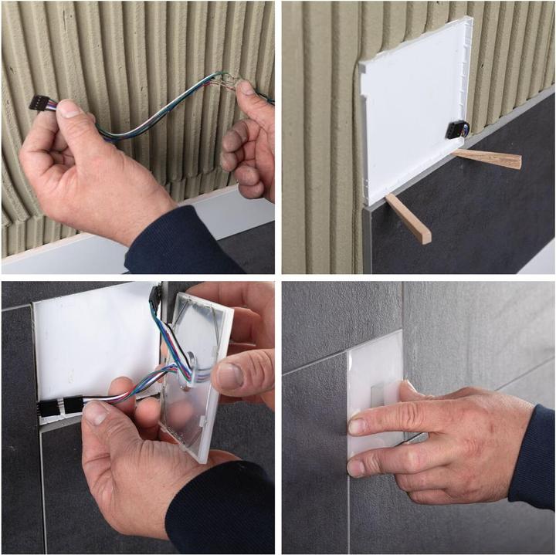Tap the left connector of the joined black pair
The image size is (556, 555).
pyautogui.click(x=48, y=407)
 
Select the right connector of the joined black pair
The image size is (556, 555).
pyautogui.click(x=73, y=404)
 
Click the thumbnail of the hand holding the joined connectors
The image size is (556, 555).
pyautogui.click(x=97, y=414)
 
